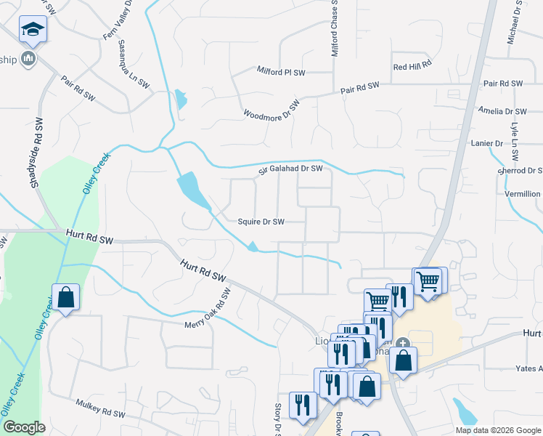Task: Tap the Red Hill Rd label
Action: [412, 65]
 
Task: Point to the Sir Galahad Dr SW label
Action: [290, 170]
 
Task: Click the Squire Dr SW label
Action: [261, 222]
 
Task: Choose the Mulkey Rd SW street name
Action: [100, 408]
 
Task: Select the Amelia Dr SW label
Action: [502, 111]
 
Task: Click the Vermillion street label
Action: [522, 194]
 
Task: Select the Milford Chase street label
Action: [335, 29]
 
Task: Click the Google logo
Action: [24, 428]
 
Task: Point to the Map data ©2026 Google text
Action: [498, 430]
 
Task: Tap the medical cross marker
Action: [403, 344]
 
